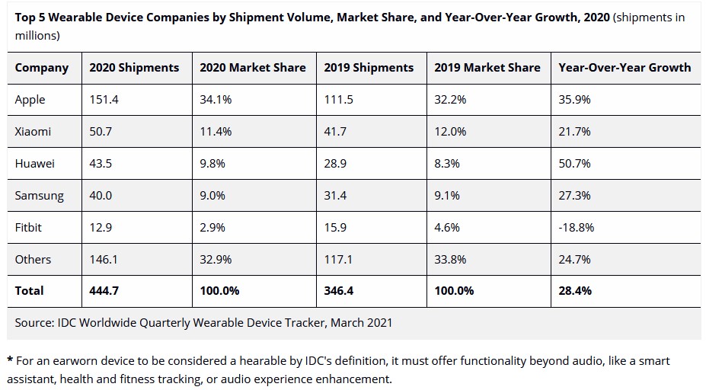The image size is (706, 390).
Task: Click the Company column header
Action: (42, 68)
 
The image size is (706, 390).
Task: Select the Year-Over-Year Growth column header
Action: (625, 68)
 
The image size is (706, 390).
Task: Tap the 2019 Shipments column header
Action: (369, 68)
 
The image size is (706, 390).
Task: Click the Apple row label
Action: (30, 100)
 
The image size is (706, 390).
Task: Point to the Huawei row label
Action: (35, 164)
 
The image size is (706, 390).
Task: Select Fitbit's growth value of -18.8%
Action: (577, 227)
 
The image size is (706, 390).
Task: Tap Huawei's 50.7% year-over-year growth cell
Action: (575, 164)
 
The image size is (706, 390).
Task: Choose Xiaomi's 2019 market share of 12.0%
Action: (450, 132)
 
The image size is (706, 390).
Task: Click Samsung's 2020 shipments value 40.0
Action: (101, 196)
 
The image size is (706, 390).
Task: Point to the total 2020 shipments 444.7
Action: (104, 291)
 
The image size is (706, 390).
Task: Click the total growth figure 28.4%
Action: (576, 291)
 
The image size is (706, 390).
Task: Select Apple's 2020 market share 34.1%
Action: (216, 100)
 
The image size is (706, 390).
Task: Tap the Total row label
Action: (30, 291)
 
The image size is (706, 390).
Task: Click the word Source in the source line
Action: (34, 323)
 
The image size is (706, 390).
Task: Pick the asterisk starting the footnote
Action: (10, 360)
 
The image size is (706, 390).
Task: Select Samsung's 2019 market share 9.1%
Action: (447, 196)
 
